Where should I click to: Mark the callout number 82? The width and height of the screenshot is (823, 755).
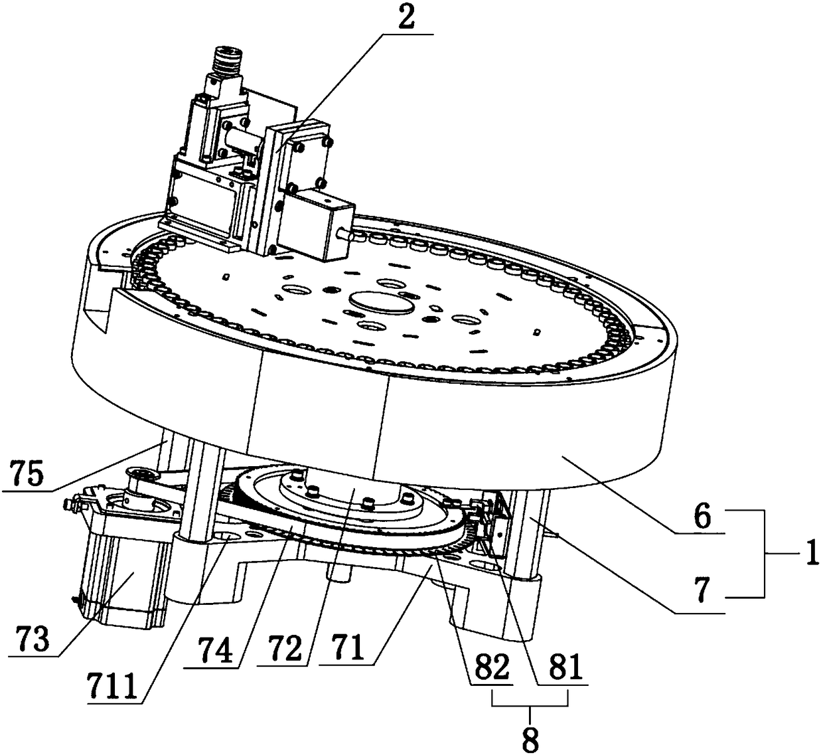492,667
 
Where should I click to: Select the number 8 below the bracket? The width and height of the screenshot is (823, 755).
530,739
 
